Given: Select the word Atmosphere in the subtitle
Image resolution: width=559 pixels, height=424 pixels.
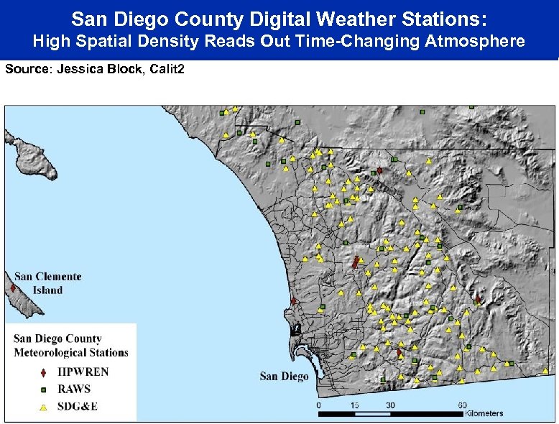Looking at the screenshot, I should (475, 41).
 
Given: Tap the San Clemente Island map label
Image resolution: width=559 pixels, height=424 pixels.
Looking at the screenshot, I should (48, 283).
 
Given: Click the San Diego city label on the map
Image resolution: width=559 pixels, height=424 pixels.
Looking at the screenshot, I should (284, 376).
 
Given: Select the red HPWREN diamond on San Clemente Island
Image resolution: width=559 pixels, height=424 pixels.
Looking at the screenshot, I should (13, 288).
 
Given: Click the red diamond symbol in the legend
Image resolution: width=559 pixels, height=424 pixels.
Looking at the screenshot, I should (43, 372).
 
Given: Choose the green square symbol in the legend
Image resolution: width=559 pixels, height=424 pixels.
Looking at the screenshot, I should (43, 390).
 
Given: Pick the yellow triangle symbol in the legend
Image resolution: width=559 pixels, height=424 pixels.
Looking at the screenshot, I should (43, 407).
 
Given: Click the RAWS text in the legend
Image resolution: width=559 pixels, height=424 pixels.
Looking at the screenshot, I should (75, 390).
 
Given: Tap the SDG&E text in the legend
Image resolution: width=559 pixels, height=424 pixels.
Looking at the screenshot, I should (77, 407).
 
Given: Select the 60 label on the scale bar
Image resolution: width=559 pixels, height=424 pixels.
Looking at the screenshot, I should (462, 405).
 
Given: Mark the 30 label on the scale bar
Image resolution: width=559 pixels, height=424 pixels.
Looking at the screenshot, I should (389, 405).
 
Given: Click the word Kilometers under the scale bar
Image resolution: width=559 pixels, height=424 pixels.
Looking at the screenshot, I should (484, 414).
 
